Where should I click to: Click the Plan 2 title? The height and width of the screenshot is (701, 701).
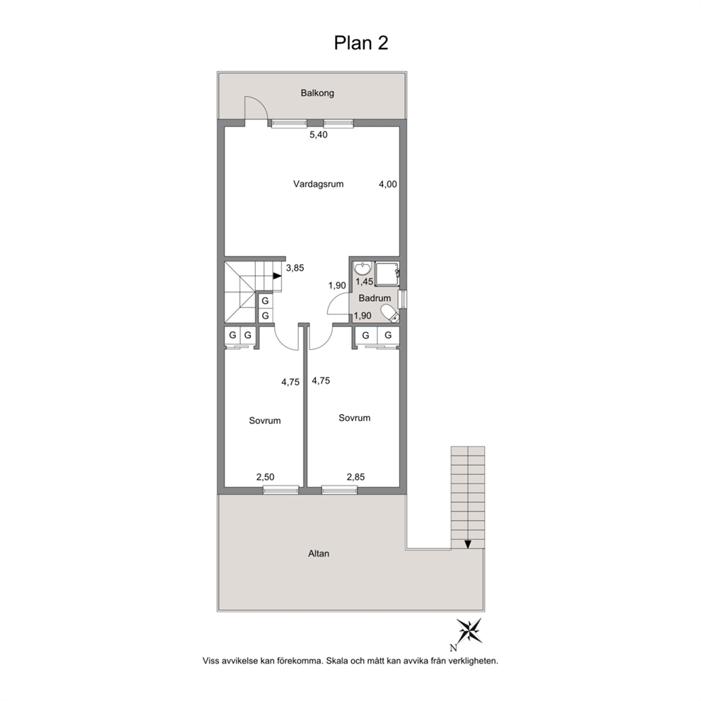(x=361, y=43)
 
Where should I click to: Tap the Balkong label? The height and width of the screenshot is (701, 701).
(x=317, y=93)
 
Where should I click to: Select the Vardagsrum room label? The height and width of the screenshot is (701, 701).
(x=318, y=184)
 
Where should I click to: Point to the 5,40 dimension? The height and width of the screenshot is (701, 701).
(x=319, y=134)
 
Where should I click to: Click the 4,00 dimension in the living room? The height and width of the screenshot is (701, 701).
(x=388, y=184)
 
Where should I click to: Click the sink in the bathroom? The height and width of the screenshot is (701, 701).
(x=362, y=269)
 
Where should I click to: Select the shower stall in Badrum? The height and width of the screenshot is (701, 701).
(x=387, y=273)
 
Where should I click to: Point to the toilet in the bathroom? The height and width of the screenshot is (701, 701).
(x=389, y=313)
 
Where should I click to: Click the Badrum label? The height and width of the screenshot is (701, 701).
(x=375, y=298)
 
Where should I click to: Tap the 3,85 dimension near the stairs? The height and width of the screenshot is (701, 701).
(x=295, y=269)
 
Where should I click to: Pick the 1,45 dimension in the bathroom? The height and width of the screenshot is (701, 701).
(x=365, y=282)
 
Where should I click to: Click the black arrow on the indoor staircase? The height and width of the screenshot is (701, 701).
(x=277, y=276)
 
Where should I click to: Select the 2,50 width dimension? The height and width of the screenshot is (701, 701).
(x=265, y=477)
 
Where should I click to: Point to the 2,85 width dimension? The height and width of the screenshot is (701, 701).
(x=356, y=477)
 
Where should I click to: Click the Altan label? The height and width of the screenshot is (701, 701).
(x=319, y=553)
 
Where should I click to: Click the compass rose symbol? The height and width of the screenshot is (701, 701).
(x=469, y=631)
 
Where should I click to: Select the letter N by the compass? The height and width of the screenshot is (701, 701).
(x=454, y=648)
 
